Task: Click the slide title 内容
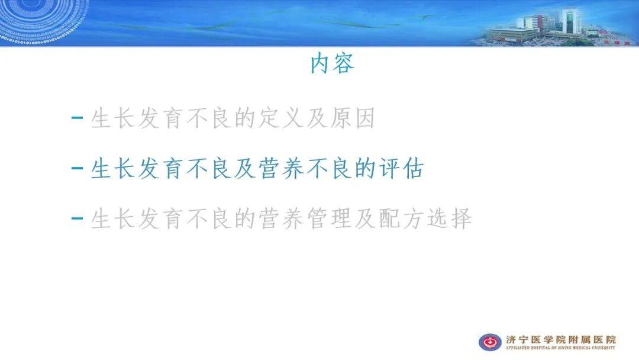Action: (x=332, y=64)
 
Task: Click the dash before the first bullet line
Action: (x=77, y=118)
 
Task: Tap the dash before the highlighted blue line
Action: (x=77, y=168)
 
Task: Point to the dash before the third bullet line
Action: (x=77, y=218)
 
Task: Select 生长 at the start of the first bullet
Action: (x=113, y=120)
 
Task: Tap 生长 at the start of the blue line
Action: (x=113, y=170)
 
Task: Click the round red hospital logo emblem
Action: (x=490, y=342)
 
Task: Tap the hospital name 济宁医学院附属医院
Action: (x=560, y=339)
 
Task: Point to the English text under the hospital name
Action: (x=560, y=348)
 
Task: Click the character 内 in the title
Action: (x=321, y=64)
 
